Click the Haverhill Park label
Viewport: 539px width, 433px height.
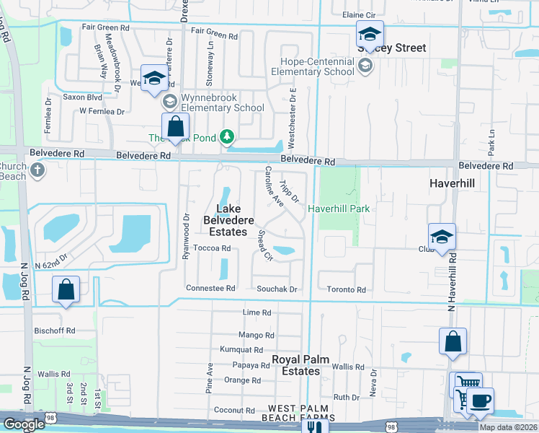pos(339,209)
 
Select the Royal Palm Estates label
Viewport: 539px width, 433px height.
pos(295,365)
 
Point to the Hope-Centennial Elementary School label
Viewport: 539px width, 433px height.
pos(313,66)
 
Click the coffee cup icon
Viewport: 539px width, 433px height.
pos(480,400)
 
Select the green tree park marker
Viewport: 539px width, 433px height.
pos(227,136)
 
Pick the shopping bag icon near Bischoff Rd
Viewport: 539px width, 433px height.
pos(66,290)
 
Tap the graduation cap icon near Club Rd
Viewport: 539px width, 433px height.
pos(442,237)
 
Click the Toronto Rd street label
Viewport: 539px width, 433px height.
pos(347,289)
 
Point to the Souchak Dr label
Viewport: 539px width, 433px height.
pos(277,289)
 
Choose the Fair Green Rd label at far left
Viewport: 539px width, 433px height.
pos(105,27)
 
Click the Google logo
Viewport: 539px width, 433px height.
pos(24,424)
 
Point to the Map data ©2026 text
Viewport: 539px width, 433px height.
pos(507,427)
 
